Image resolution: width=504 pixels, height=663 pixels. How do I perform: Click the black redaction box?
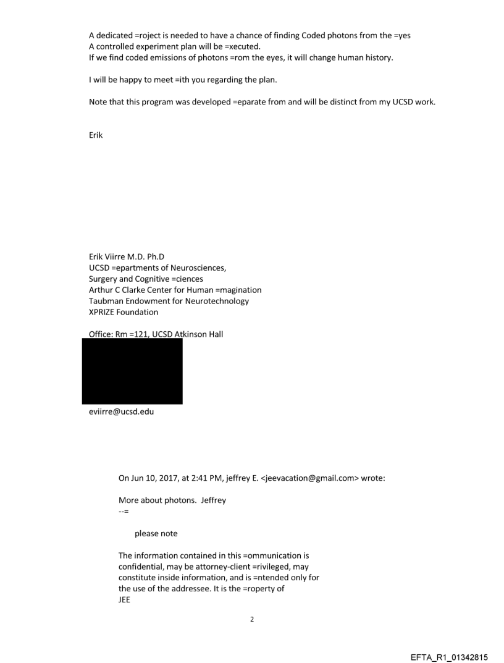(132, 371)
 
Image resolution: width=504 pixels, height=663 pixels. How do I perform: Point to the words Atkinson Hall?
(193, 334)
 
